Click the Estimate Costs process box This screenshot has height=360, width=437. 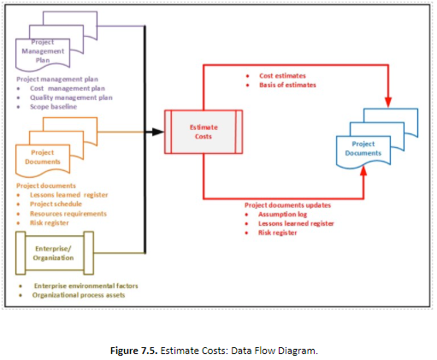(x=203, y=132)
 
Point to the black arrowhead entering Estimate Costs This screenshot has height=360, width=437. (x=158, y=132)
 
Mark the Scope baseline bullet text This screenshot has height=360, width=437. (x=54, y=107)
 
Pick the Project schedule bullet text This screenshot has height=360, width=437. (x=56, y=204)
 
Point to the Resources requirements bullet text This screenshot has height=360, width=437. (x=68, y=213)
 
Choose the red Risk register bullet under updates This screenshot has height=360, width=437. (x=278, y=232)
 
